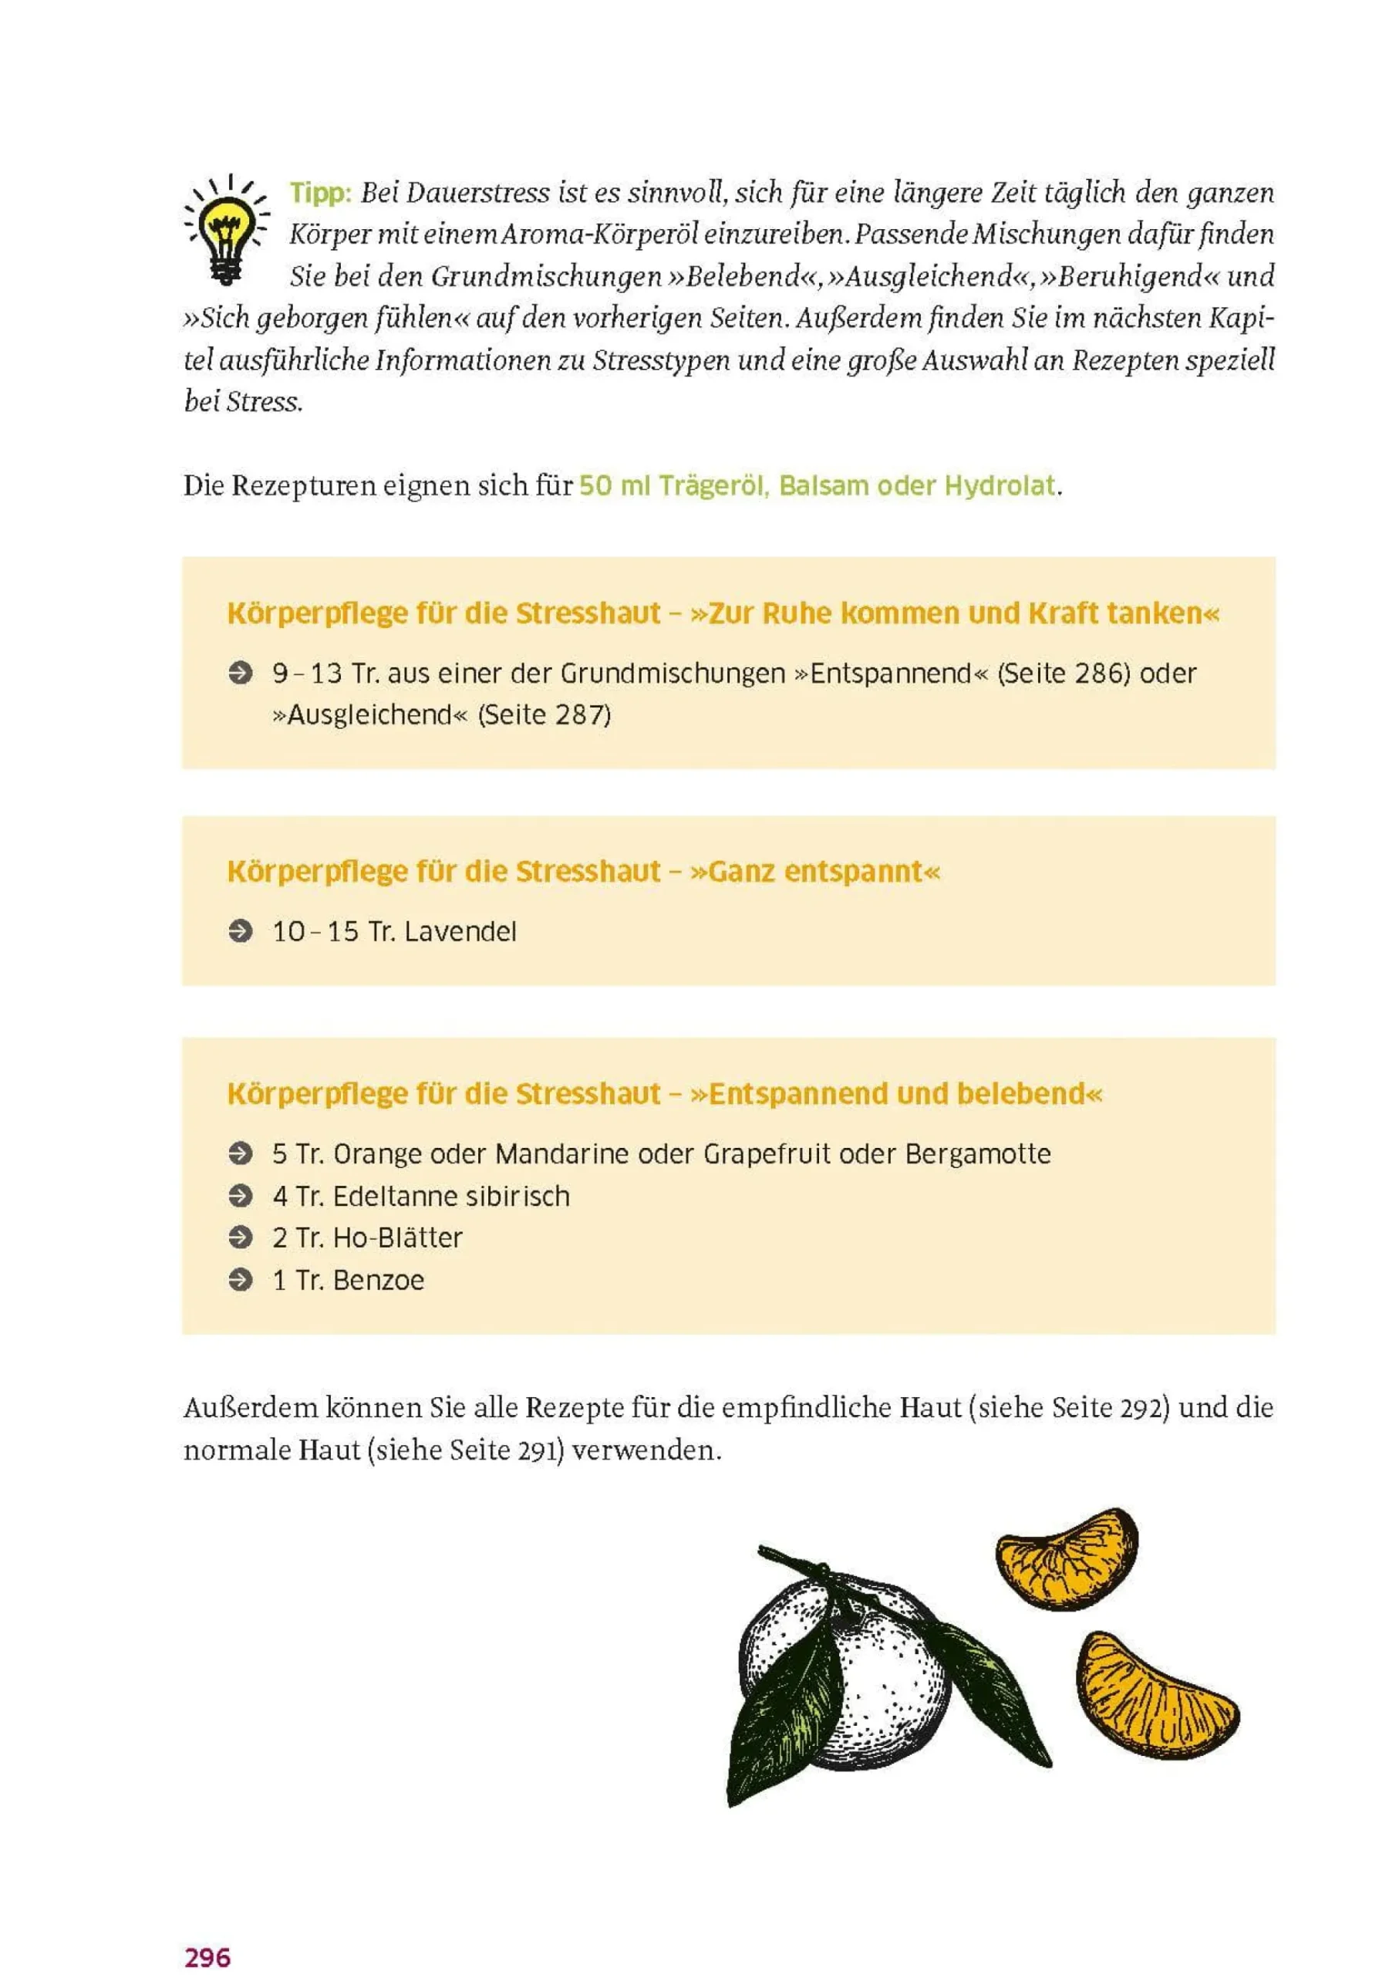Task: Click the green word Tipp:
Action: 320,193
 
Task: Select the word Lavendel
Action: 460,932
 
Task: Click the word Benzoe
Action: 379,1280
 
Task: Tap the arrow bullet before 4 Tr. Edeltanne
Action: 241,1196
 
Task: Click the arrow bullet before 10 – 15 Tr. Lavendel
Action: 241,932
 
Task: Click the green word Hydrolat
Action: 1000,486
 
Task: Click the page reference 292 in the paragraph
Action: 1141,1408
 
